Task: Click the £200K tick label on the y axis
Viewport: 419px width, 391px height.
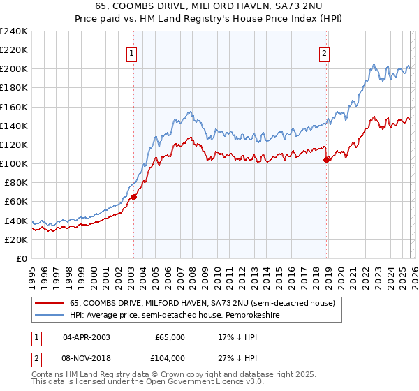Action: click(x=13, y=69)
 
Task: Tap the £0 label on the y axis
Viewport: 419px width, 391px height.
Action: click(x=20, y=258)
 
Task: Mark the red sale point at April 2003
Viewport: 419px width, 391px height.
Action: click(x=133, y=197)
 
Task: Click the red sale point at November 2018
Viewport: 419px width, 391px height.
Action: click(x=326, y=160)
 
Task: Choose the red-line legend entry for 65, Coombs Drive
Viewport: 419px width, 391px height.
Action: click(x=203, y=303)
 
